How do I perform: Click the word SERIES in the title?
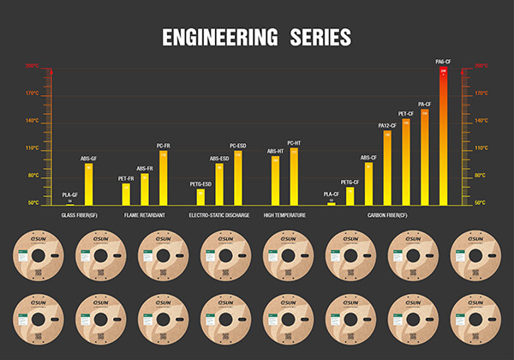click(319, 37)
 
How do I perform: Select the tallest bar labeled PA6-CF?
click(444, 137)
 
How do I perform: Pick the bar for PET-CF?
click(406, 163)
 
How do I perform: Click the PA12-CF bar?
click(387, 168)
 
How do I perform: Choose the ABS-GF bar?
click(89, 184)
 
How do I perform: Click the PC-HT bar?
click(294, 177)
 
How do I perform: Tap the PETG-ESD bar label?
click(200, 183)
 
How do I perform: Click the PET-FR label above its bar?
click(126, 178)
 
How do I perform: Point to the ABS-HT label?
click(275, 152)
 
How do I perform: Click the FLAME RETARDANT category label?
click(145, 215)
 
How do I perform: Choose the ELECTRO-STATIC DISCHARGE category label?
click(219, 215)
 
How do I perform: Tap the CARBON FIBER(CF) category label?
click(386, 215)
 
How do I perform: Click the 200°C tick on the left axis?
click(32, 65)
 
